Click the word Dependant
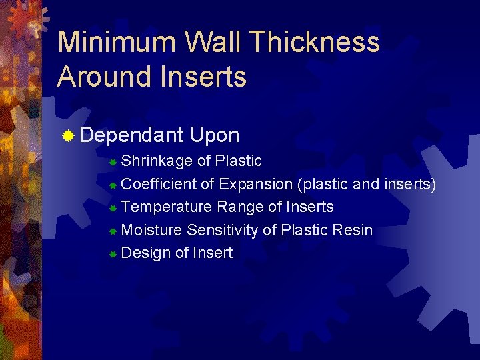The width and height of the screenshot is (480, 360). coord(131,135)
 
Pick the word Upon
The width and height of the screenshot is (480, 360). coord(214,135)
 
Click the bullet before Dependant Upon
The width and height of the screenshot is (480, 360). coord(68,137)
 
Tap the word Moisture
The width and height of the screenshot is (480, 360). coord(153,230)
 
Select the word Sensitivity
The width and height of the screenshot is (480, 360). coord(223,230)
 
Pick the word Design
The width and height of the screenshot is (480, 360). coord(147,253)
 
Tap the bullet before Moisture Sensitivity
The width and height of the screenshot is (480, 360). coord(114,231)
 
